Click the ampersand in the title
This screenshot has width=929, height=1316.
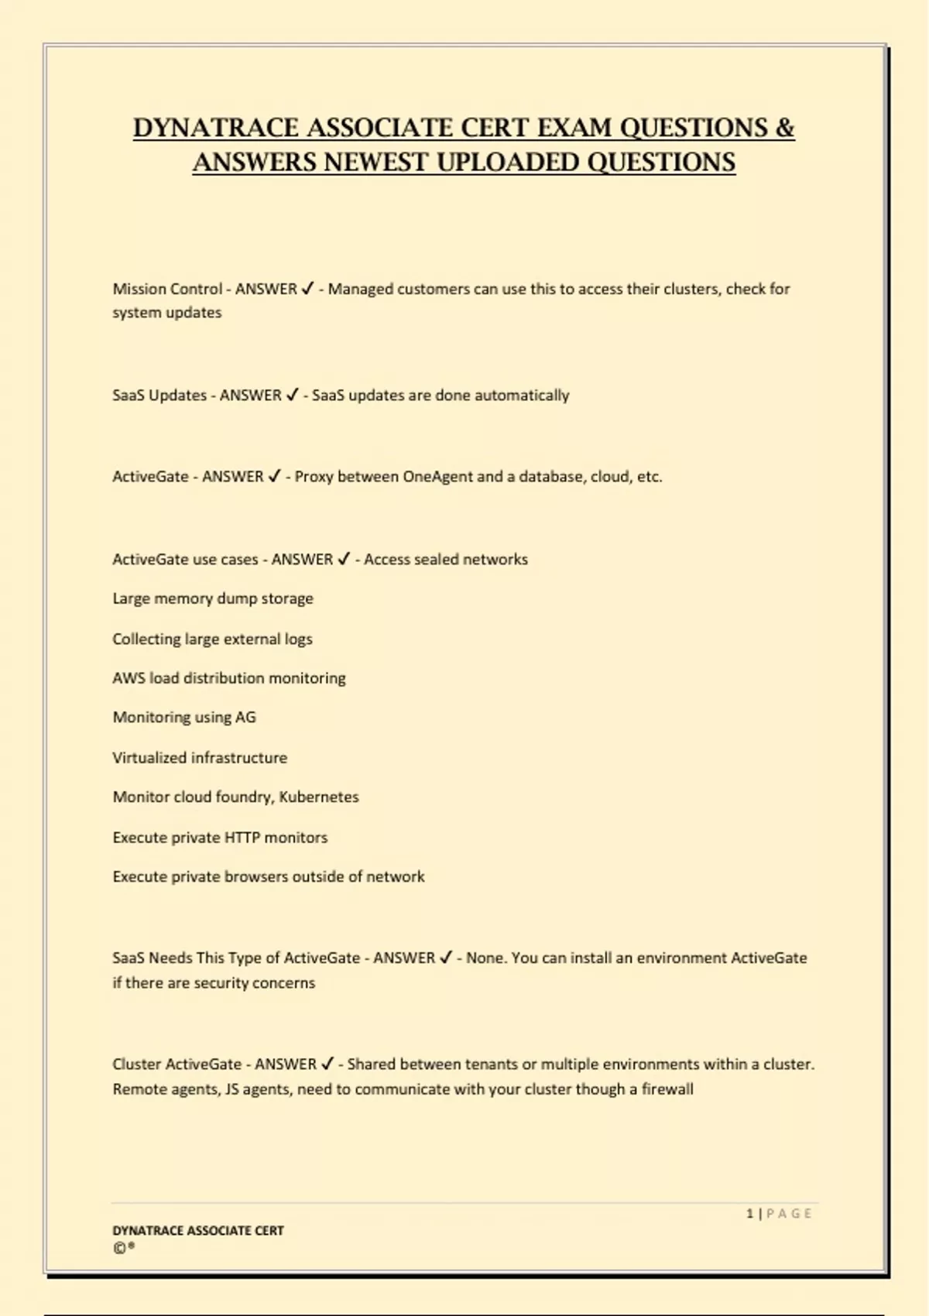[784, 128]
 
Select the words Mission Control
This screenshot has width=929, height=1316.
[167, 289]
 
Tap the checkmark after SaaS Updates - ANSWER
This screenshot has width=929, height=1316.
[292, 395]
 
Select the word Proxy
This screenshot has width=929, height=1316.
[314, 477]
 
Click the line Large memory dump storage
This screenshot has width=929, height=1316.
[213, 598]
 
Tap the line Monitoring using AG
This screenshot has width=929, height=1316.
[184, 718]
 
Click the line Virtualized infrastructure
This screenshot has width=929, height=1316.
[200, 758]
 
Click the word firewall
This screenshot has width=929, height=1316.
[667, 1089]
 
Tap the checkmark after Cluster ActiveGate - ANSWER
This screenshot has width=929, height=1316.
[327, 1064]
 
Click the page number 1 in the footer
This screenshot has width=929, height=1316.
[749, 1213]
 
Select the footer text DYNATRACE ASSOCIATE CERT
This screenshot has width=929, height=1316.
[198, 1230]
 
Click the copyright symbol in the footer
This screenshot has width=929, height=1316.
[119, 1248]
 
